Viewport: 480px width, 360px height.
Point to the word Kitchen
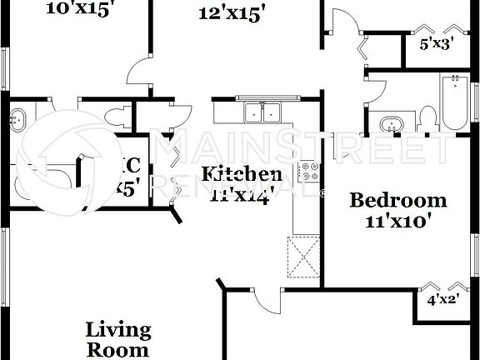[x=242, y=174]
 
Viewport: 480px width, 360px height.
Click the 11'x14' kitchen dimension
[x=242, y=196]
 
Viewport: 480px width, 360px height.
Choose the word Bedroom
[x=397, y=201]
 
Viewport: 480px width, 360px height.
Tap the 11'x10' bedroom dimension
[x=397, y=221]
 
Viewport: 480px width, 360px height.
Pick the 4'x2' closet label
[x=443, y=300]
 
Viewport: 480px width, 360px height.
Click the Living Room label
[x=118, y=339]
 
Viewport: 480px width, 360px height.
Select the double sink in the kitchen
[x=260, y=112]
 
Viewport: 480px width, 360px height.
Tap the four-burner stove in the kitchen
[x=309, y=172]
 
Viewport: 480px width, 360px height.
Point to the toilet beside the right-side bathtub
[x=427, y=118]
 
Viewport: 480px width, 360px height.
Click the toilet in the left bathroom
[x=122, y=113]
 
